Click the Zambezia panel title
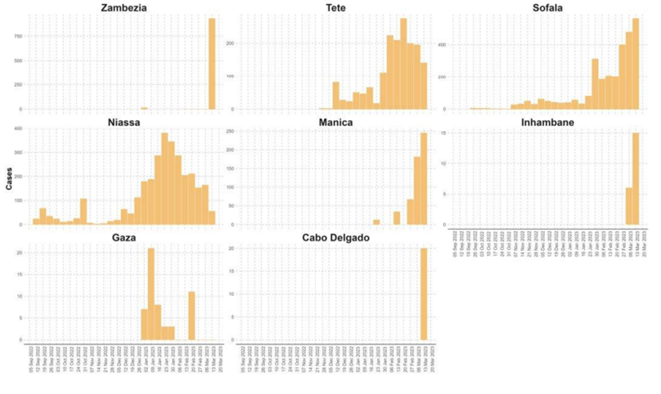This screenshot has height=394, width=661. (118, 8)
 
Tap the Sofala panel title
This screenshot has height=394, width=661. (548, 8)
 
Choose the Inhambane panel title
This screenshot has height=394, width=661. (548, 123)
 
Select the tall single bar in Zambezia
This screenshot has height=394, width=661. (212, 64)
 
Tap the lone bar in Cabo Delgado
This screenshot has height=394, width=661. (423, 294)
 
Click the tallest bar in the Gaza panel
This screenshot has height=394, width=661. (151, 294)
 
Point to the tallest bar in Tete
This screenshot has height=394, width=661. (404, 64)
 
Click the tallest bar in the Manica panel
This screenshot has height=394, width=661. (423, 179)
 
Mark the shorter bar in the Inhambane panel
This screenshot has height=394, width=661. (629, 206)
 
